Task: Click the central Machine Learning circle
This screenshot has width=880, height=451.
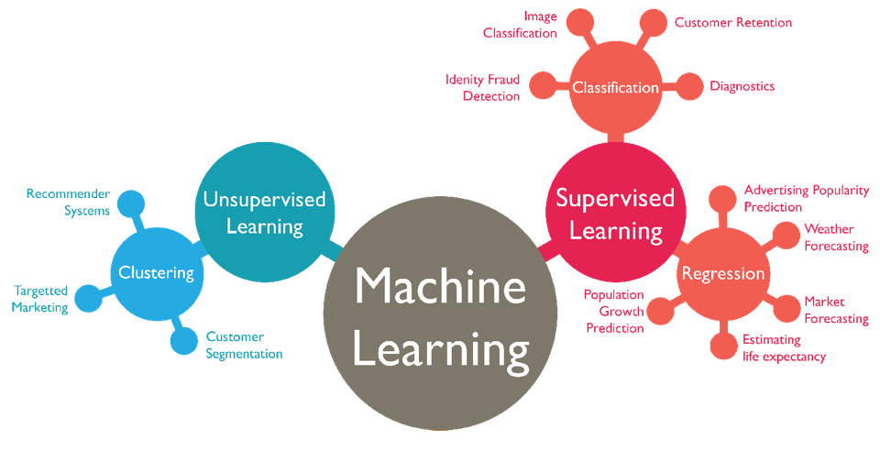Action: [x=441, y=315]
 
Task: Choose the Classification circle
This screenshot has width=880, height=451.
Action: [x=615, y=88]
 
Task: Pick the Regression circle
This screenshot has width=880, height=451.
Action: [x=722, y=274]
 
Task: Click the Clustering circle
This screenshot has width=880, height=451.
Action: [x=156, y=272]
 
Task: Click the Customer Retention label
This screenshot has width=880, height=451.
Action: [x=732, y=22]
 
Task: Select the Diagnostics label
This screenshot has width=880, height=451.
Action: [x=742, y=86]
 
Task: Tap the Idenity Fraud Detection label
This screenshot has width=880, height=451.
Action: [x=483, y=88]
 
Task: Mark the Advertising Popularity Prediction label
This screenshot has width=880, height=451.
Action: [x=806, y=198]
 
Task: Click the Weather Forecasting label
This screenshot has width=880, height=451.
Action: [x=835, y=237]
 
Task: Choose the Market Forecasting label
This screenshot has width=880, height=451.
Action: [x=835, y=310]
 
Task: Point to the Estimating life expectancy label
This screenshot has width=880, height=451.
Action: [x=784, y=348]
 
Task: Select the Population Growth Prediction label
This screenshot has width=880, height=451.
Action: [x=614, y=312]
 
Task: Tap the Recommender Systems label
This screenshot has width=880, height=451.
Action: [x=68, y=202]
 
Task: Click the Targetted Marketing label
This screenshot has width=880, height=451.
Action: [x=40, y=299]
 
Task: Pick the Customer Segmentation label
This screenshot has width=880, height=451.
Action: [x=244, y=345]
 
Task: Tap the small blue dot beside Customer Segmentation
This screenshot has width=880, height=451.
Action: [x=183, y=341]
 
